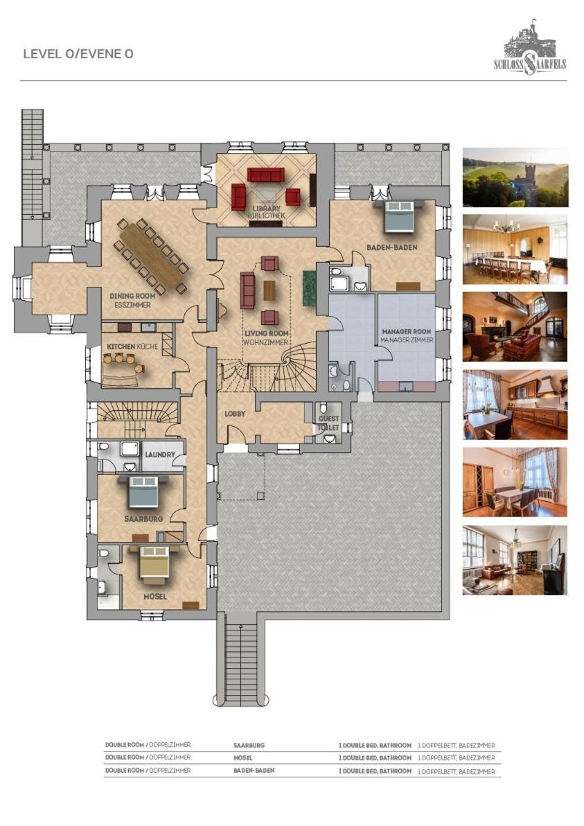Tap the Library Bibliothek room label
click(267, 212)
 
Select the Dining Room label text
click(133, 296)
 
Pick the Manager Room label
click(407, 331)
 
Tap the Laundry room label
click(159, 454)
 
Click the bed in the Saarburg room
click(144, 491)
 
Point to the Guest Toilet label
click(328, 423)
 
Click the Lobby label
click(235, 414)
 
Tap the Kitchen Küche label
click(133, 346)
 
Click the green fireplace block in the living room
click(309, 288)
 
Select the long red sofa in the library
click(265, 175)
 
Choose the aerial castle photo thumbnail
click(515, 177)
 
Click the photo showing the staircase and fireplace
click(515, 326)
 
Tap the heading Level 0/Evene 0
click(78, 54)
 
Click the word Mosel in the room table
click(242, 757)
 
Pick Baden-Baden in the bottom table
click(254, 770)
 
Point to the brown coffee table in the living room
click(269, 290)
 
